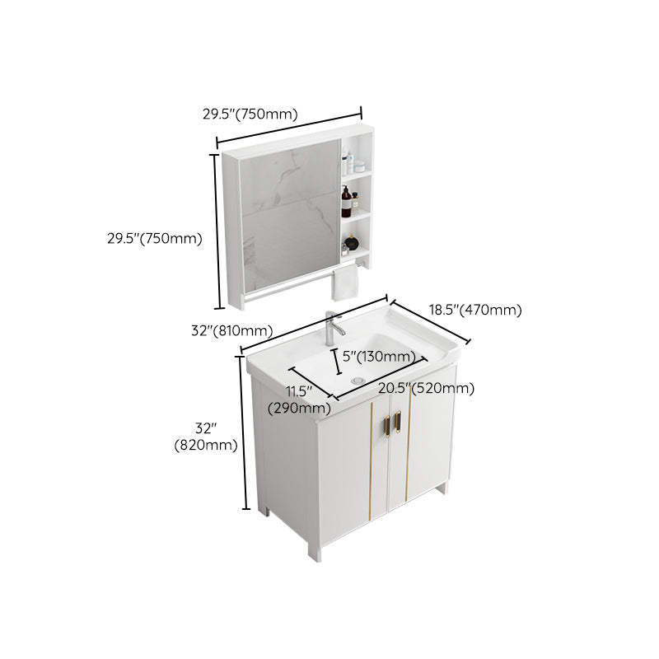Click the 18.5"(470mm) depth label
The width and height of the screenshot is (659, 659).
[475, 310]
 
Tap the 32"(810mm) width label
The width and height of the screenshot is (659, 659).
[231, 330]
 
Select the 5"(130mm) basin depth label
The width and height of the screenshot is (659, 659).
[378, 356]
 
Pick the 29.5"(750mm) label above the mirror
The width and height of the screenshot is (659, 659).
[250, 115]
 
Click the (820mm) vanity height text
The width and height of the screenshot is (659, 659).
[206, 446]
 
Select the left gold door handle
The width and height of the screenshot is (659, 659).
[386, 423]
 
